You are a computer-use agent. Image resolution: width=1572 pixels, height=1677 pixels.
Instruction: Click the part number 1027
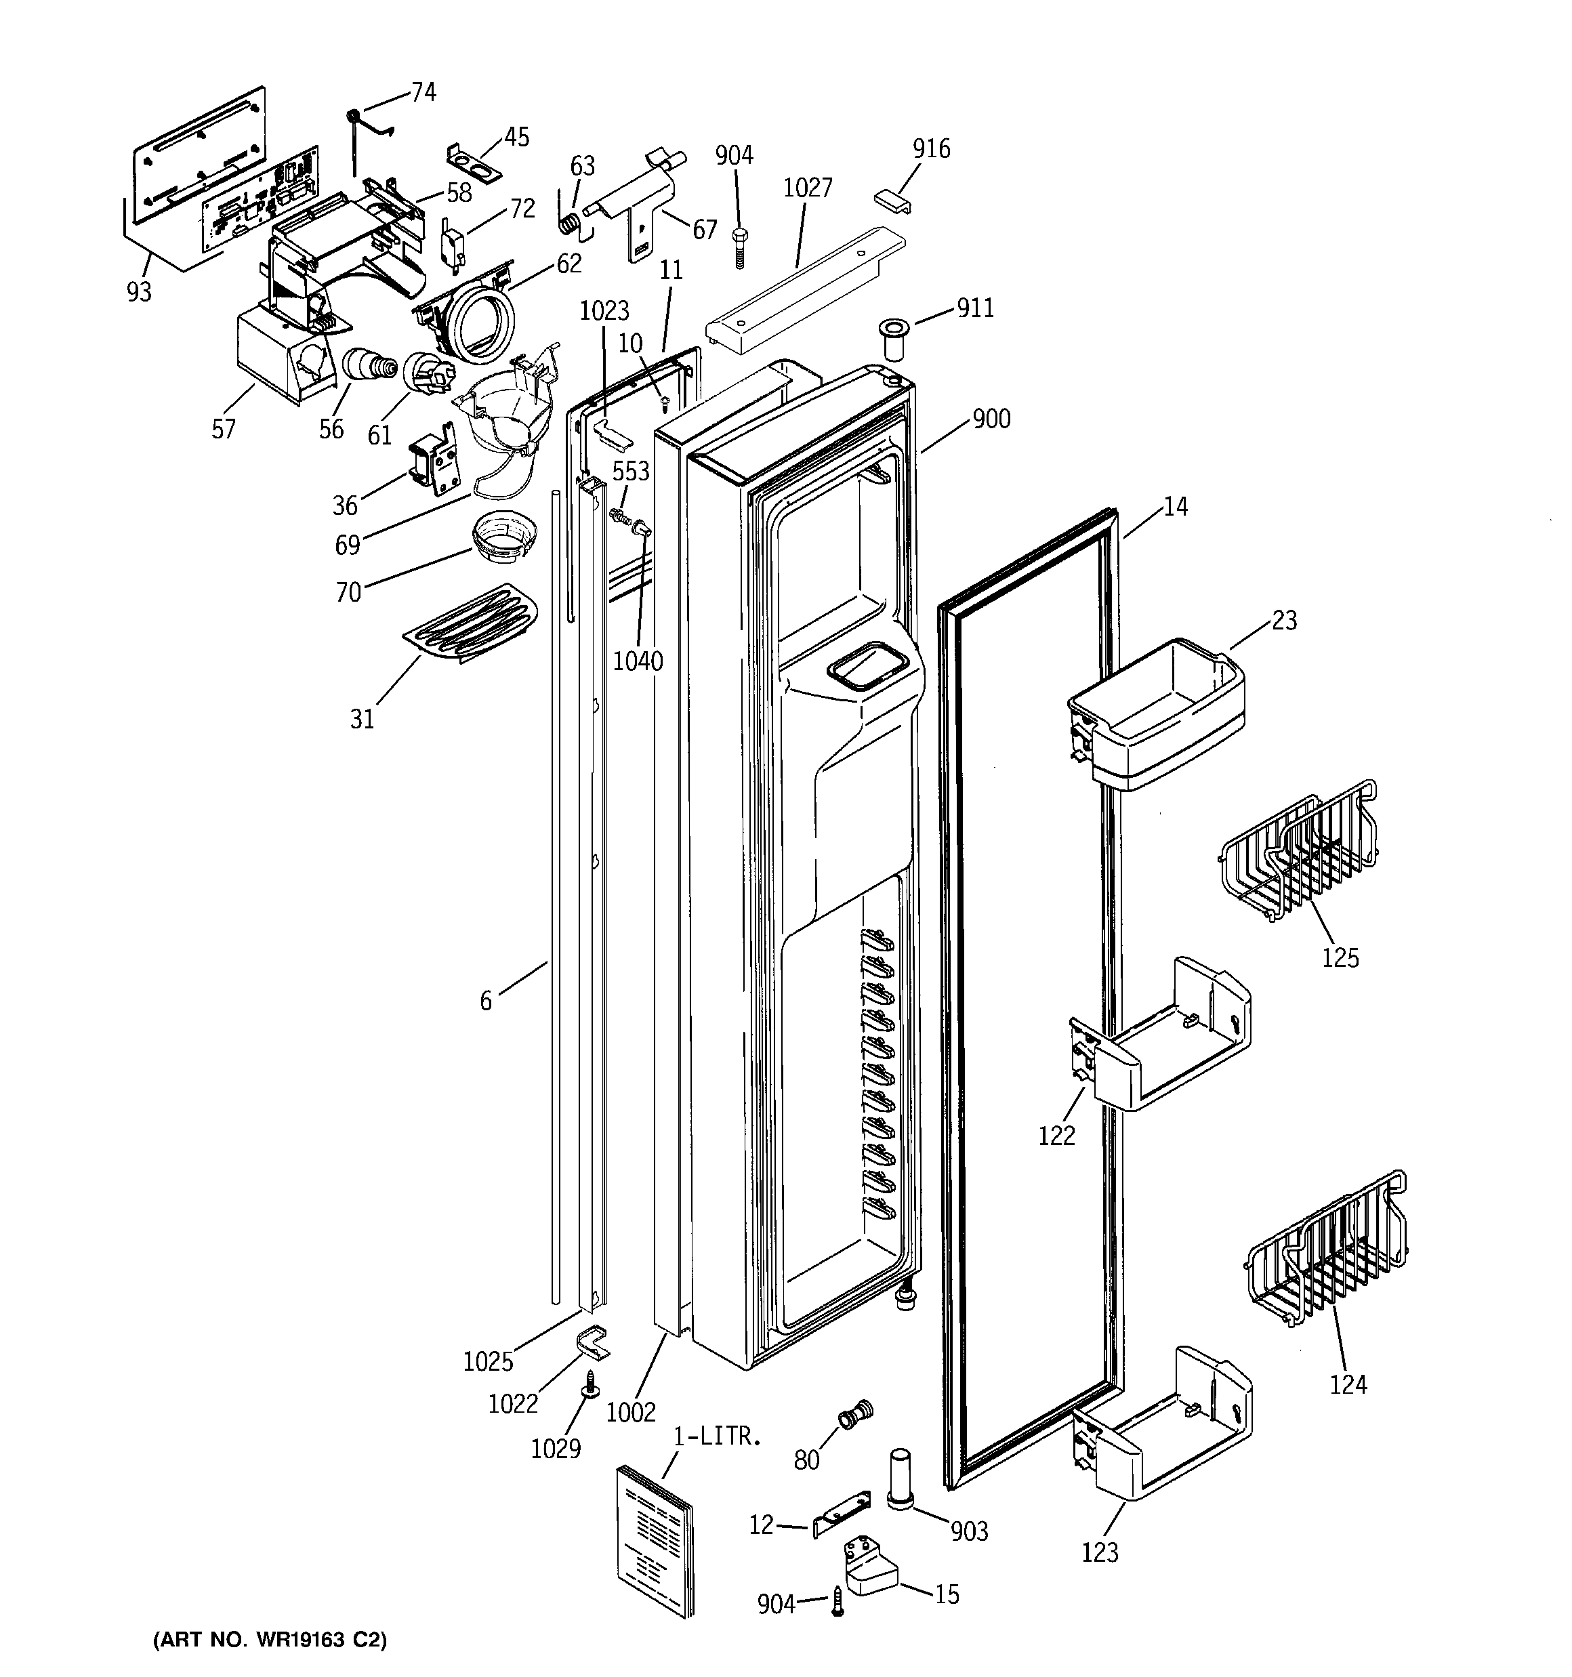point(808,188)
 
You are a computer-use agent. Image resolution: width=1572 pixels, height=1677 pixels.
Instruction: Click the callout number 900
point(991,419)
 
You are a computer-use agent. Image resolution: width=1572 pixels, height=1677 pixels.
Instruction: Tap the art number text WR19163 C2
point(270,1640)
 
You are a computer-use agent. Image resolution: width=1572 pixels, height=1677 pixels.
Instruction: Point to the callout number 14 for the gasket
point(1174,507)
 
